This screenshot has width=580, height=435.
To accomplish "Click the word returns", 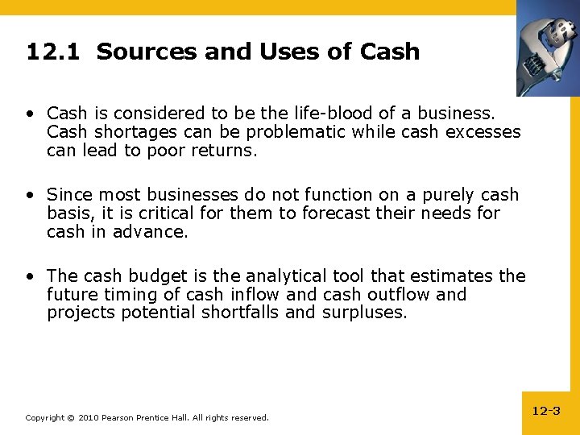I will click(226, 150).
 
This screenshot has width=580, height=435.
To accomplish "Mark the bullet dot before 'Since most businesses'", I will click(30, 195).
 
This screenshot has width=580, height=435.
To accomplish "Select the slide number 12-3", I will click(546, 411).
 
